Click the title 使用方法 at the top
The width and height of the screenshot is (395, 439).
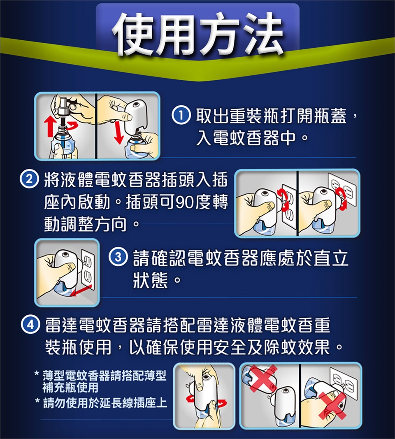197,34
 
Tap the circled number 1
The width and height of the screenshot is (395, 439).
181,115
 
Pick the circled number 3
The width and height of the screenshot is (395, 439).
118,257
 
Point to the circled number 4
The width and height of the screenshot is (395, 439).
30,325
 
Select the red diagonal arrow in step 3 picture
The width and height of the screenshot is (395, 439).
81,290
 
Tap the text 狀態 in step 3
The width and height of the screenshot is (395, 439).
150,280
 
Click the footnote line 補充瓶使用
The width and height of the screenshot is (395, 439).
70,388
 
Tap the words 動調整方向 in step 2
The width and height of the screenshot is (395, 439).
86,224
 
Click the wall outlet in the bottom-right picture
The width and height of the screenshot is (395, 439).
344,383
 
